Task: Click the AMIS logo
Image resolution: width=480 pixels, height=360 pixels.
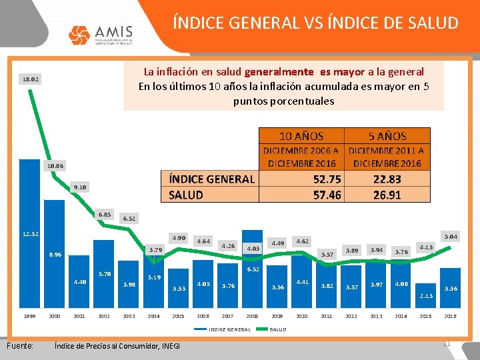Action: tap(101, 34)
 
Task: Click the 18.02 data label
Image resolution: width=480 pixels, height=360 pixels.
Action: tap(31, 79)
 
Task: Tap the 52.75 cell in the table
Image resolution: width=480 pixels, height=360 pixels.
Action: tap(327, 179)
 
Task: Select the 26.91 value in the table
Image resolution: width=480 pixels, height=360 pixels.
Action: tap(387, 195)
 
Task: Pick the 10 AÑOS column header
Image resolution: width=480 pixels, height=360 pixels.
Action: tap(301, 136)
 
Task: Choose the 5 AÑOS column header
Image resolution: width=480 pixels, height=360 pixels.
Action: tap(387, 136)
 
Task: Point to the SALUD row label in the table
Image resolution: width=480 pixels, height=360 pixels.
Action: tap(186, 195)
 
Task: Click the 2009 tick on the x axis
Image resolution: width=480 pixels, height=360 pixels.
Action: tap(277, 316)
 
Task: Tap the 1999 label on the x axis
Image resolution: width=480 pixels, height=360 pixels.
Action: tap(29, 316)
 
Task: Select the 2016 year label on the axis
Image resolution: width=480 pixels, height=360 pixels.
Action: tap(450, 316)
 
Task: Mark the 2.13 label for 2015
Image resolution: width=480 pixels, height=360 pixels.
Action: tap(426, 295)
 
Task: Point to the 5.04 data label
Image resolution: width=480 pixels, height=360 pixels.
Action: tap(451, 236)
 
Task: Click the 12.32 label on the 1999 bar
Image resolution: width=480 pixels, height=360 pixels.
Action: tap(31, 234)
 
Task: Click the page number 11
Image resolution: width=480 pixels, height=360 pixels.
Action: tap(447, 343)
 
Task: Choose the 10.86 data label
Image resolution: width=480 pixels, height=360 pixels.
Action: tap(55, 165)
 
